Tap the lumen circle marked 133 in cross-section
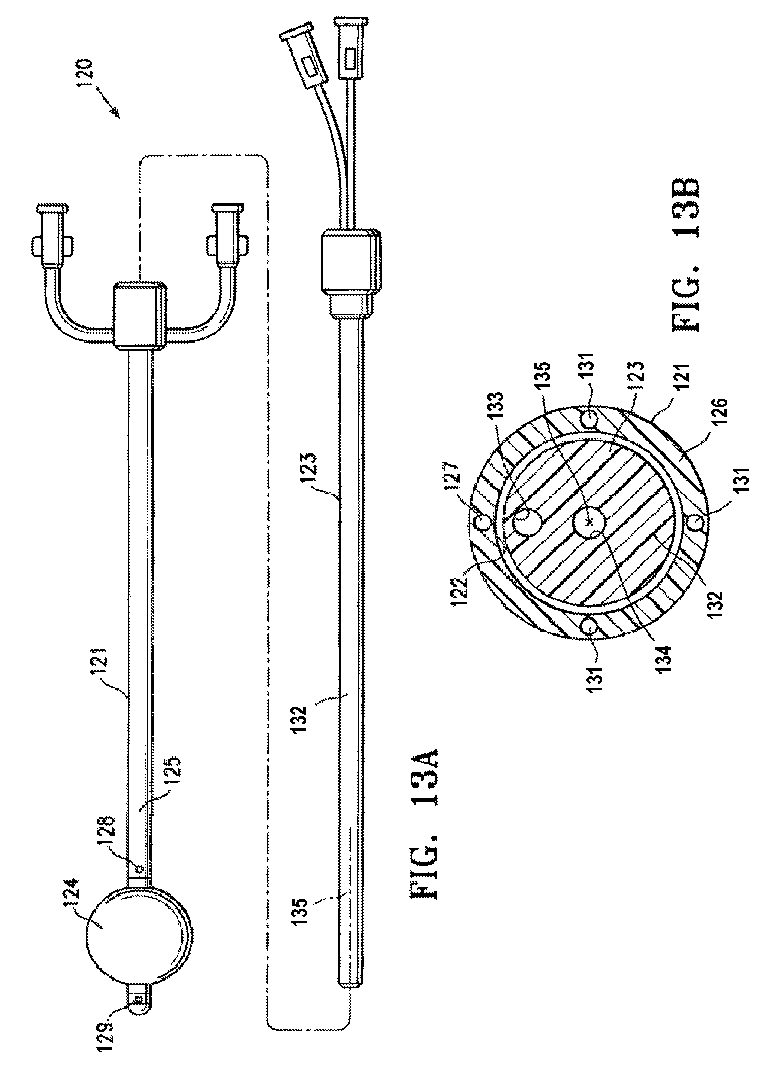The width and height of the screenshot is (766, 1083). [x=527, y=523]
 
